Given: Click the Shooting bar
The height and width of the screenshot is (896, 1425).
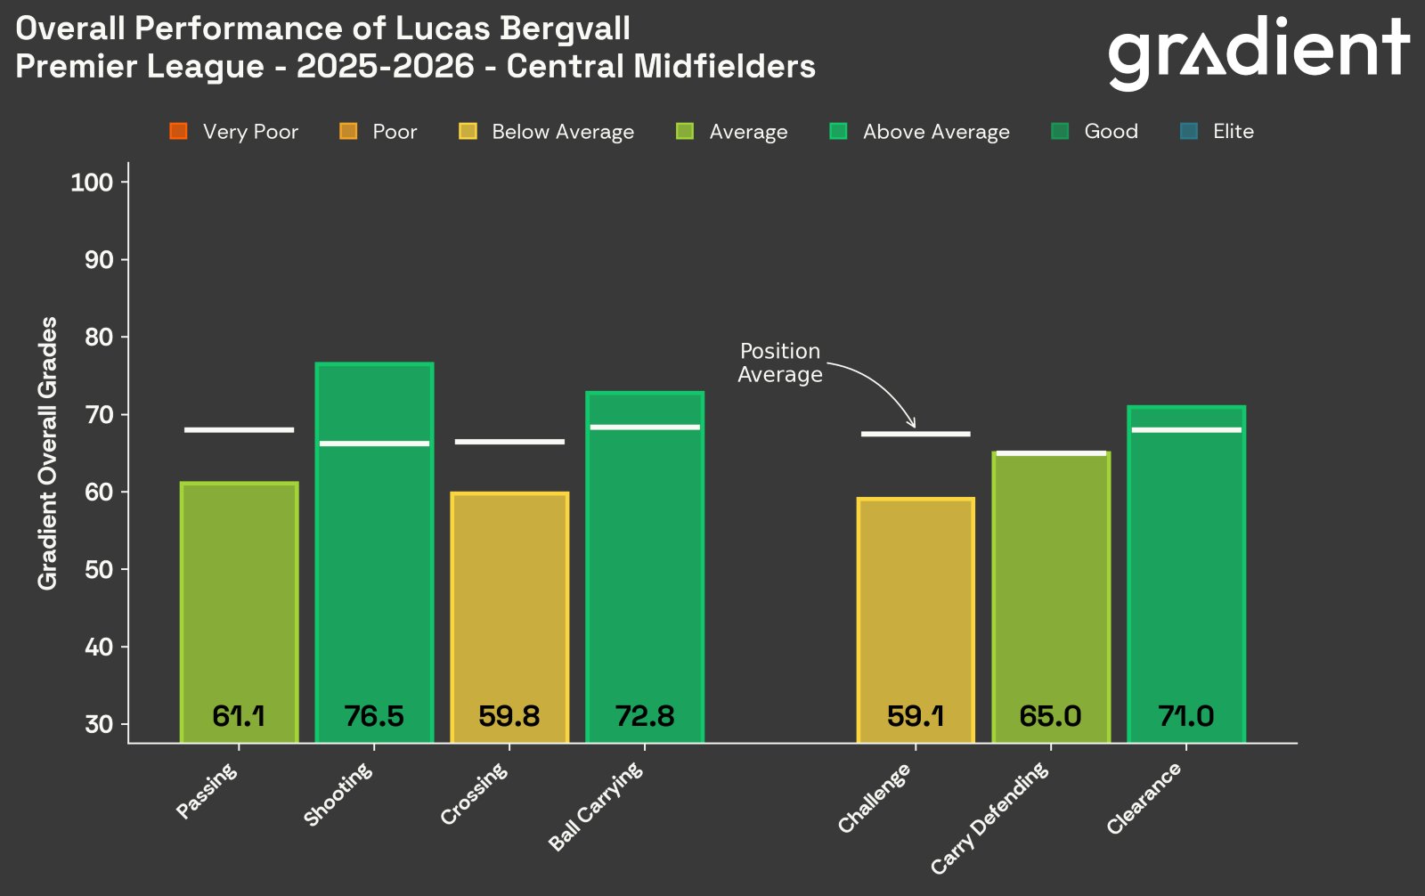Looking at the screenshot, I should [x=374, y=552].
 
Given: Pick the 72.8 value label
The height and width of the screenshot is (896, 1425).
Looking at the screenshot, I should [x=645, y=716].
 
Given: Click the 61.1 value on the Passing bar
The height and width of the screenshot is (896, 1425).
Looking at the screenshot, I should [x=239, y=716].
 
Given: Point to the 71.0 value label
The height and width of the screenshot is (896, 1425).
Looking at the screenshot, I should [x=1185, y=716].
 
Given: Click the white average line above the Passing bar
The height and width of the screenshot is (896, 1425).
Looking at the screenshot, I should [x=239, y=430].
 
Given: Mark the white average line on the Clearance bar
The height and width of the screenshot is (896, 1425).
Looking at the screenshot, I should [x=1185, y=430].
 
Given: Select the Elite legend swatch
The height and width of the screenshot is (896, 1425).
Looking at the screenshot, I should [x=1188, y=132].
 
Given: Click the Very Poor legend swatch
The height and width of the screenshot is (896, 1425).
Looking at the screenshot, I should [x=178, y=132].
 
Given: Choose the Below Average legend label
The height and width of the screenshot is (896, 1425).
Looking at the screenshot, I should [x=563, y=132].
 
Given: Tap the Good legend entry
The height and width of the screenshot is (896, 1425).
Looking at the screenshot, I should [x=1111, y=132].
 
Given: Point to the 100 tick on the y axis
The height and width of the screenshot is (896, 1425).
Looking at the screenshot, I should [x=92, y=183].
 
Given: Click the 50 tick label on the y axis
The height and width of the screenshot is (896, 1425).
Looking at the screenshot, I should [x=98, y=570].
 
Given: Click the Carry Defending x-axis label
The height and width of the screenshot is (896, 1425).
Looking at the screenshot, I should [x=991, y=818].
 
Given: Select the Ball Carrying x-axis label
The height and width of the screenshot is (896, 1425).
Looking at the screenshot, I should [x=596, y=805].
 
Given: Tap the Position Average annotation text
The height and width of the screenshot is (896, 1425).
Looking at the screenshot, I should [x=780, y=362].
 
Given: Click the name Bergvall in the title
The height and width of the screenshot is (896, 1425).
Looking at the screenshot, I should [x=566, y=29].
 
